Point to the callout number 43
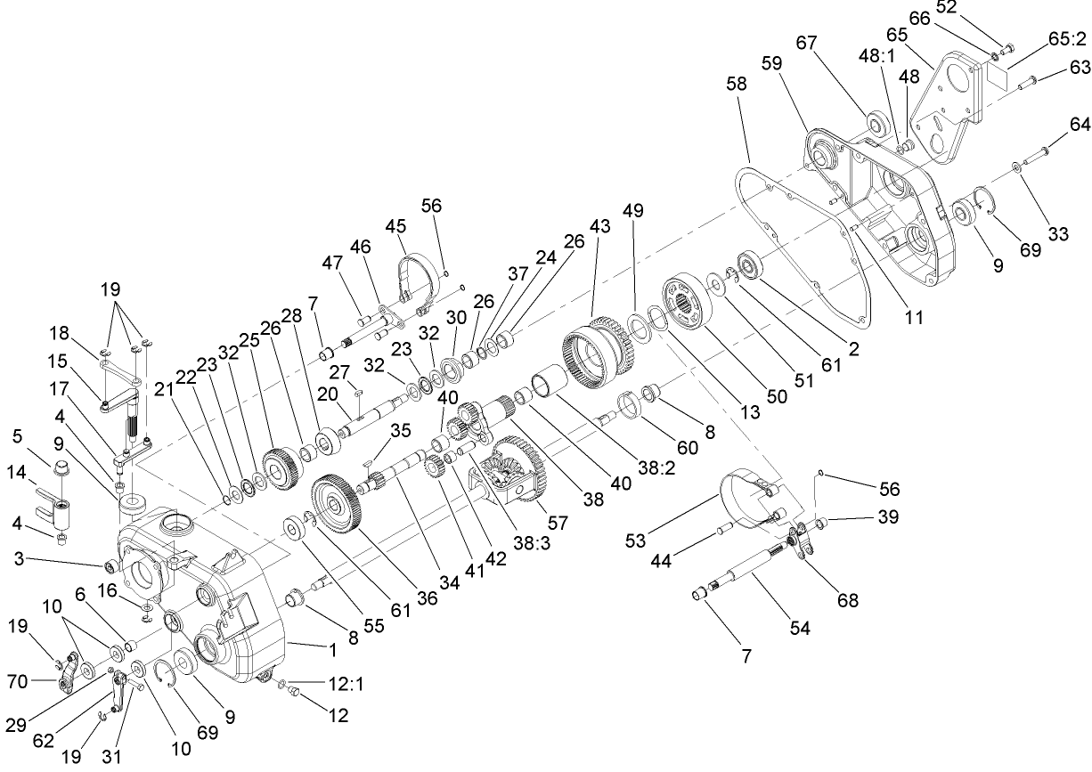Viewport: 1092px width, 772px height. [x=599, y=227]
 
